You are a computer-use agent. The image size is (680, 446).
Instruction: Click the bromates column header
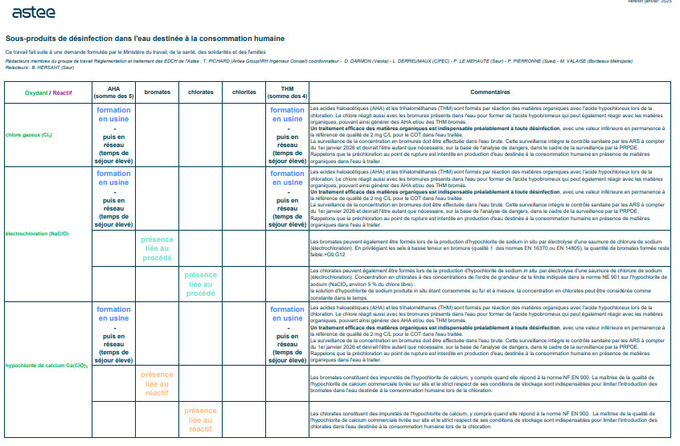pos(157,92)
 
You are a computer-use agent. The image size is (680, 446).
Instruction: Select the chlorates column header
pos(200,92)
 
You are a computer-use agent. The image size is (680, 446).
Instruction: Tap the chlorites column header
pos(244,92)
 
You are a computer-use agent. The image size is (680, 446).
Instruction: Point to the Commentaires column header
pos(485,92)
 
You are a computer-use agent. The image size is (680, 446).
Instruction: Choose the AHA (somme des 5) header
pos(113,92)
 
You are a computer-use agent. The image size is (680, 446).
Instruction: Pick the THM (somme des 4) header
pos(287,92)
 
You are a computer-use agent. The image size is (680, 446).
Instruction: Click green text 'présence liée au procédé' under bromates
pos(157,249)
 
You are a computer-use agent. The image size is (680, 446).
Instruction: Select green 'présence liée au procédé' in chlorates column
pos(200,284)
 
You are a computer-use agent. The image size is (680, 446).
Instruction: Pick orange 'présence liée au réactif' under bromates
pos(157,383)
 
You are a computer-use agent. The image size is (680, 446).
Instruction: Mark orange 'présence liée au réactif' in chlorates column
pos(200,419)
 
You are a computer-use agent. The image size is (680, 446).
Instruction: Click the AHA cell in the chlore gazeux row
pos(113,134)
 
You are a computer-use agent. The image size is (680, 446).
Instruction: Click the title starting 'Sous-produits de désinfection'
pos(145,39)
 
